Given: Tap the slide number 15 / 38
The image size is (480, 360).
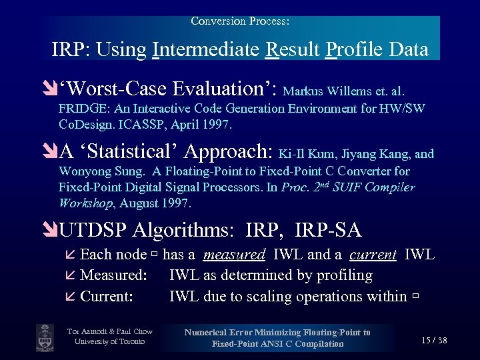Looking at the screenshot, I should click(x=434, y=341).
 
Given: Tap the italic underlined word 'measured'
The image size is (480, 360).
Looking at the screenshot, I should click(x=234, y=254).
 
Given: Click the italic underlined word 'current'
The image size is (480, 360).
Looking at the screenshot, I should click(x=373, y=254).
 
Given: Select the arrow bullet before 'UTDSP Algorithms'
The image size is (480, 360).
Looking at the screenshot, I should click(x=51, y=231).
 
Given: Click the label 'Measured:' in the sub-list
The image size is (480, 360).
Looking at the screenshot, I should click(x=113, y=275).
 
